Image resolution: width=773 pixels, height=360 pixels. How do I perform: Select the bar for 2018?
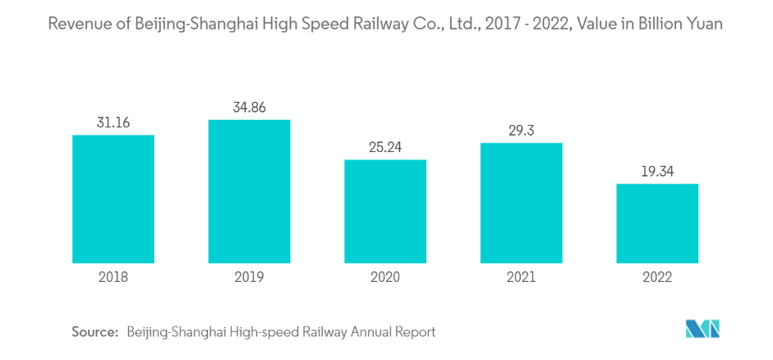pyautogui.click(x=113, y=199)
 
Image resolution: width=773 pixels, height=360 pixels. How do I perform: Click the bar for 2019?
pyautogui.click(x=249, y=192)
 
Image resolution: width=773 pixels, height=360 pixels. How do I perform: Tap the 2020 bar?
pyautogui.click(x=385, y=211)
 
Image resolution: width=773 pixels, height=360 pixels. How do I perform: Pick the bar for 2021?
pyautogui.click(x=521, y=203)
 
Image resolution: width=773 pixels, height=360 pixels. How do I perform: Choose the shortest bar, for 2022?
pyautogui.click(x=657, y=224)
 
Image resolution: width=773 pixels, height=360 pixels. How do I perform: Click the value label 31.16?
pyautogui.click(x=113, y=122)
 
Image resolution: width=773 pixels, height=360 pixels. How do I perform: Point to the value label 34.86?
pyautogui.click(x=249, y=108)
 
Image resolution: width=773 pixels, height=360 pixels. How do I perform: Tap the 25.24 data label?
pyautogui.click(x=385, y=147)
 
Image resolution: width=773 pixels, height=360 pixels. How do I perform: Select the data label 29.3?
pyautogui.click(x=521, y=131)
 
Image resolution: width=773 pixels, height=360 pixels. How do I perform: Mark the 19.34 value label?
pyautogui.click(x=657, y=171)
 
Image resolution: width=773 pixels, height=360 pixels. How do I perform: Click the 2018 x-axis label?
pyautogui.click(x=113, y=277)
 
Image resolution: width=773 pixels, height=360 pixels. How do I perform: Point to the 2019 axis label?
pyautogui.click(x=249, y=277)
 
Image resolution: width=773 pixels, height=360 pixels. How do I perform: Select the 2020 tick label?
pyautogui.click(x=385, y=277)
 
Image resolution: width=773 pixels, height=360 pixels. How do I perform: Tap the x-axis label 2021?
pyautogui.click(x=521, y=277)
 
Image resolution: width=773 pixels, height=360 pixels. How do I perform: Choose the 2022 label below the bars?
pyautogui.click(x=657, y=277)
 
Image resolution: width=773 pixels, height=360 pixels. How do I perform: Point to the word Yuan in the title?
pyautogui.click(x=704, y=24)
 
